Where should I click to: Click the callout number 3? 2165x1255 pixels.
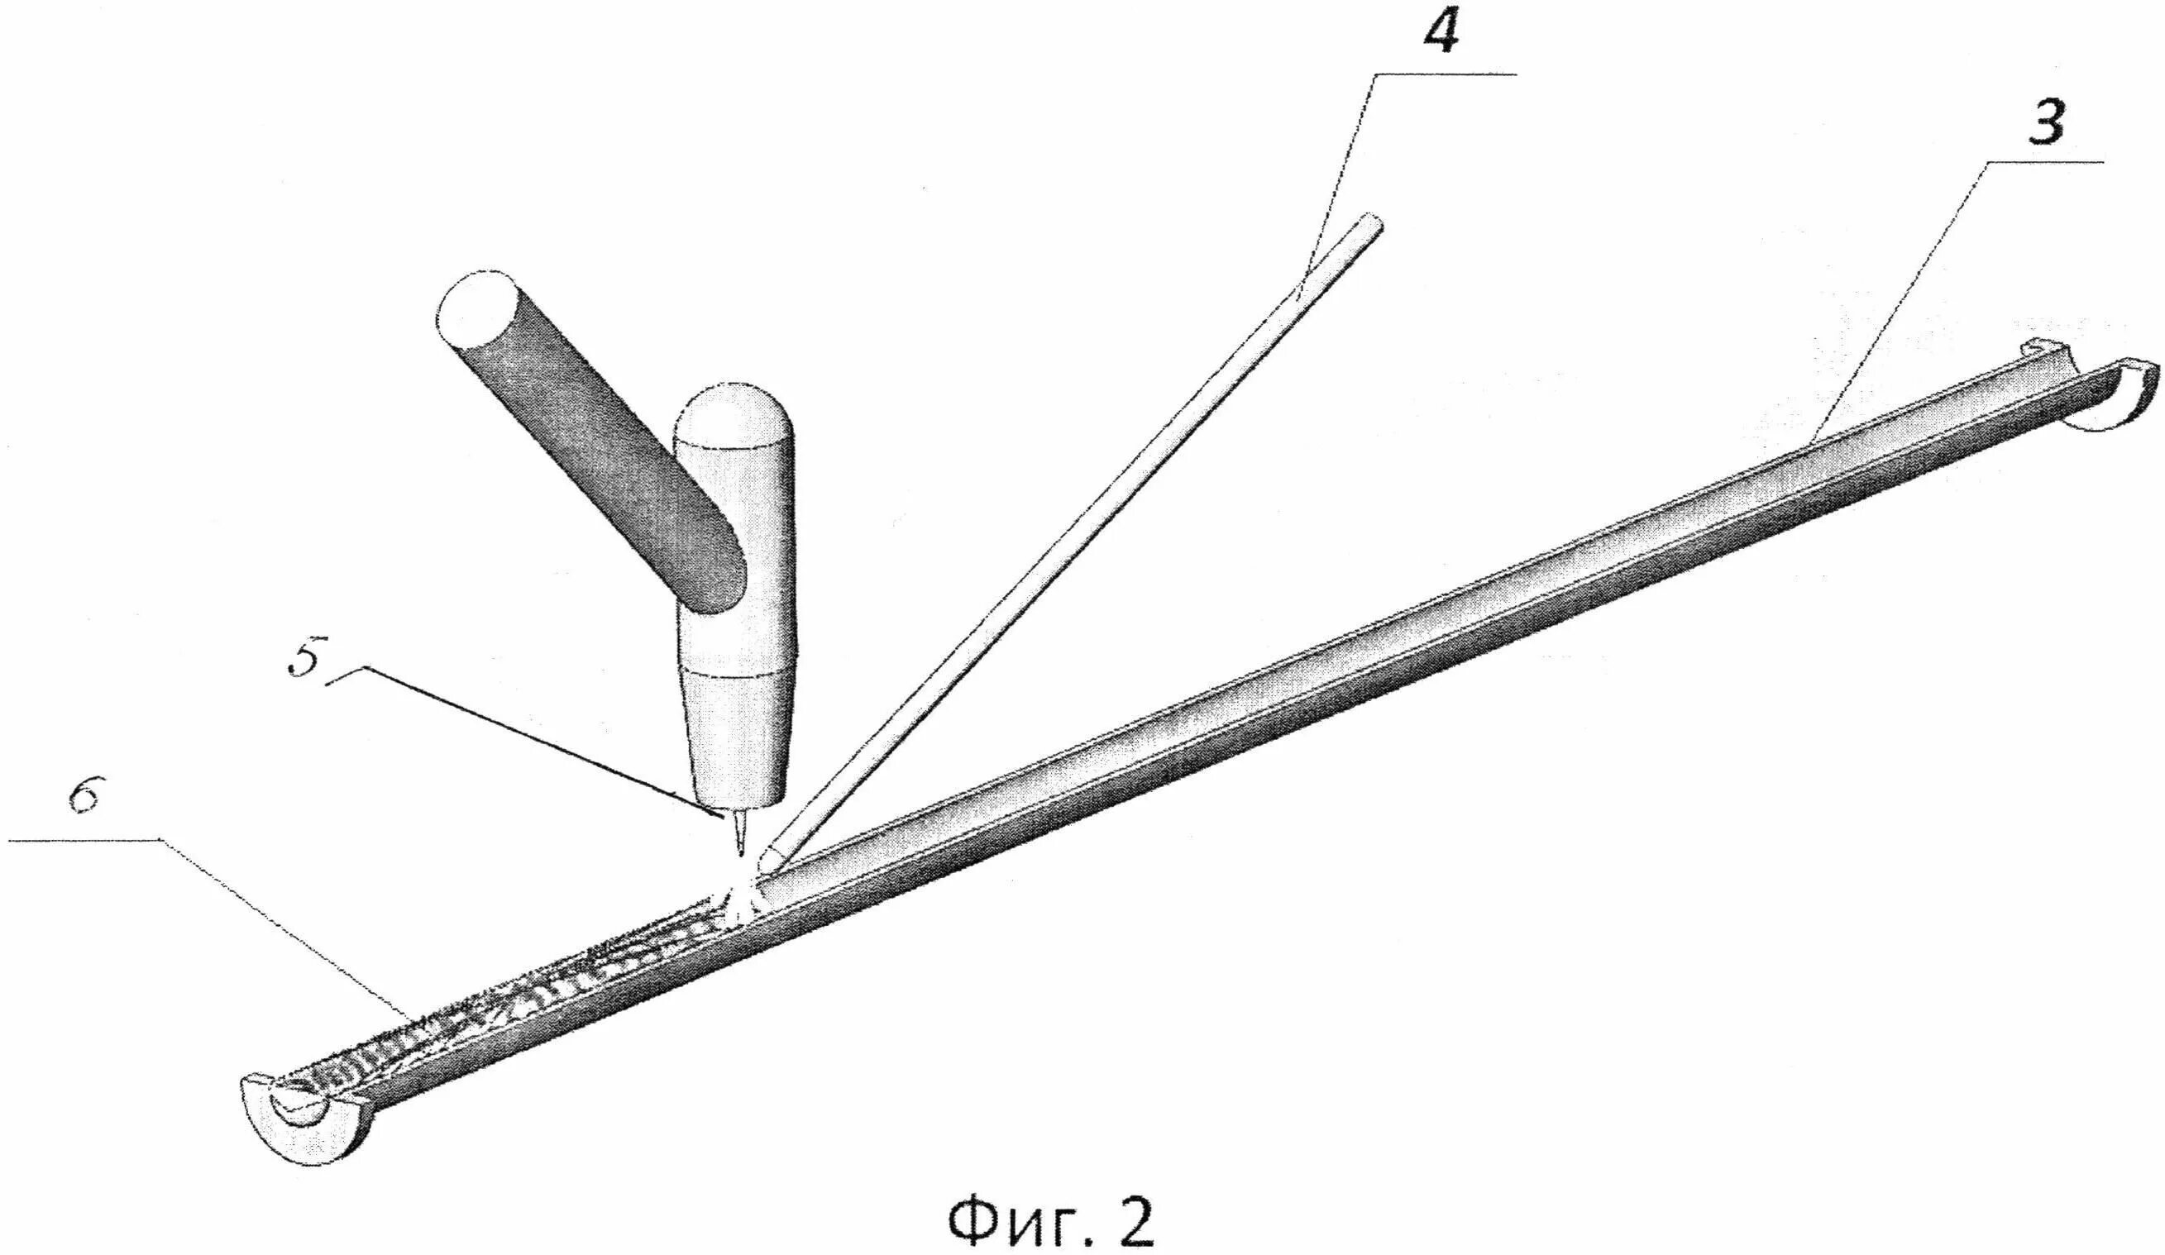2047,122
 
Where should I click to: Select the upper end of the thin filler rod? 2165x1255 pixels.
1369,225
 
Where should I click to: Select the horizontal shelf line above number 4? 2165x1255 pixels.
1443,76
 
